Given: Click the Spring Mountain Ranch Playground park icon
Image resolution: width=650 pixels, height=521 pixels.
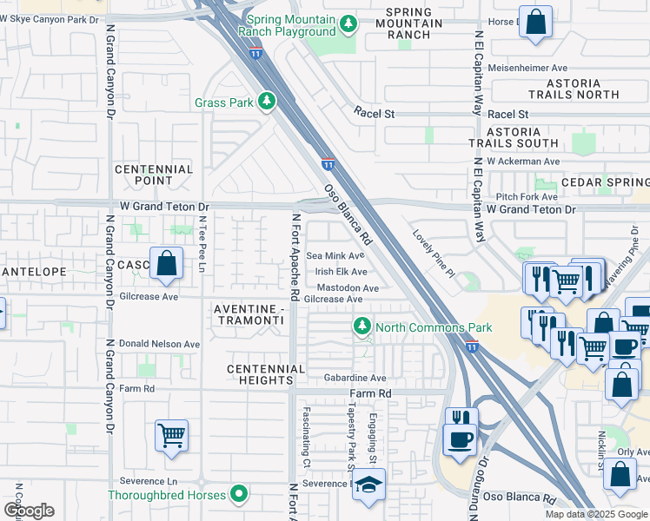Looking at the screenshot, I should (x=348, y=23).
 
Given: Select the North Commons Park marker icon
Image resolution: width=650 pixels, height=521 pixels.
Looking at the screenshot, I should (x=362, y=327).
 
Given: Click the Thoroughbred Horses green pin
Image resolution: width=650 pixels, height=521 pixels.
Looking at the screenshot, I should (x=239, y=496).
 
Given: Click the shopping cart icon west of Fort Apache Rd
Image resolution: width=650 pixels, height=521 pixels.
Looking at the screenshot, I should (x=172, y=435).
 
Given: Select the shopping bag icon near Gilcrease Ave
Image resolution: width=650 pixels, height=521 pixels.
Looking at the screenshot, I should (x=165, y=263).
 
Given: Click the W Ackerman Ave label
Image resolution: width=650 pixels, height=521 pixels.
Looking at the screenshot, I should (x=523, y=162).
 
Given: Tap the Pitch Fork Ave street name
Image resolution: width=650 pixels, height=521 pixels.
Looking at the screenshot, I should (x=525, y=197).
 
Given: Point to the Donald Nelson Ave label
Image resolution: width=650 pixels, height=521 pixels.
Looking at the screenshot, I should (x=159, y=344).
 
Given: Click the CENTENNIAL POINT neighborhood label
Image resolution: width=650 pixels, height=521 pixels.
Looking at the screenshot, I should (x=153, y=175).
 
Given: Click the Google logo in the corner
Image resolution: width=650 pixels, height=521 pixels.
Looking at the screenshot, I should (x=29, y=511).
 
